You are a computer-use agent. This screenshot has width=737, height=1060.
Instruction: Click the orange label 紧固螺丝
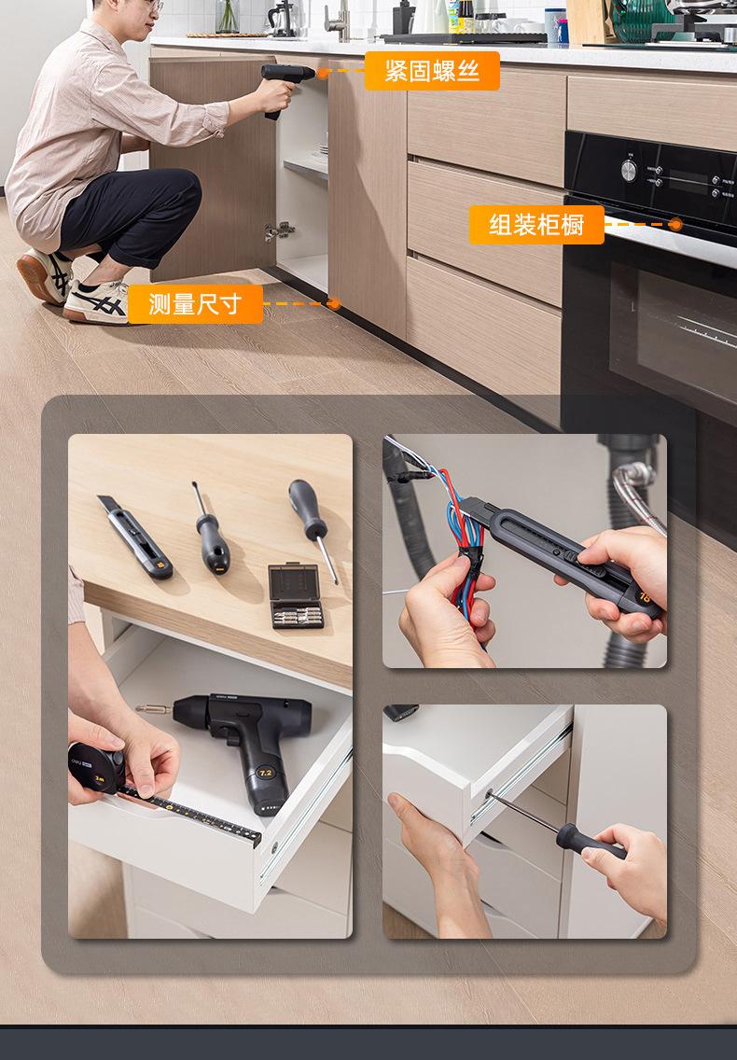(x=432, y=71)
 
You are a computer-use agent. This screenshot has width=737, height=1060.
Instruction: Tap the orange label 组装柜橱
(x=536, y=225)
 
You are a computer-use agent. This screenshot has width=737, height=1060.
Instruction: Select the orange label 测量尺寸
(x=195, y=304)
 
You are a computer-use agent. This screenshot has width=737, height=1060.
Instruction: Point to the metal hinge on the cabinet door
(x=279, y=231)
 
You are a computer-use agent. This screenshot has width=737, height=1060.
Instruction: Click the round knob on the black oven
(x=629, y=170)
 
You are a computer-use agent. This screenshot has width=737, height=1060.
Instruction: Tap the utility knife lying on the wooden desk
(x=134, y=537)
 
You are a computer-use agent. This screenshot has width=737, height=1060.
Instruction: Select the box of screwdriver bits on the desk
(x=296, y=595)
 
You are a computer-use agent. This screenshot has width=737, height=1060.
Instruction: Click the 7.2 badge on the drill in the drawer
(x=265, y=772)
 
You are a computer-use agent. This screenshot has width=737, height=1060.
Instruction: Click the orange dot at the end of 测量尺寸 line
(x=334, y=303)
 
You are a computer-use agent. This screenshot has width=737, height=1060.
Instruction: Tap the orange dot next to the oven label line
(x=674, y=225)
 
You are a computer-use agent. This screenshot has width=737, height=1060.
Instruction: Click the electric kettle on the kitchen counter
(x=282, y=19)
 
